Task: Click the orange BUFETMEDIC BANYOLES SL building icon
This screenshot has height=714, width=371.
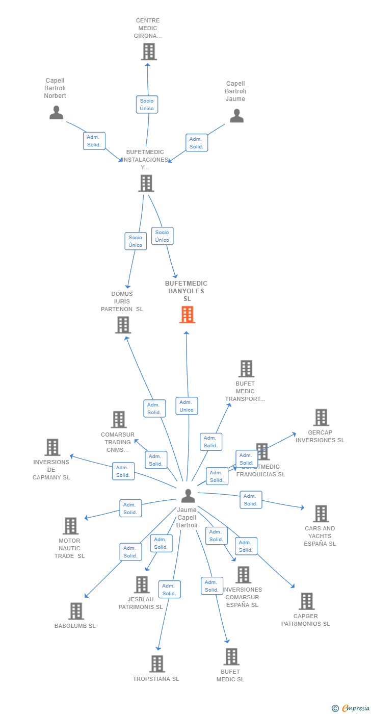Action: [187, 315]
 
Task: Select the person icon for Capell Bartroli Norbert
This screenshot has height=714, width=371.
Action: [56, 112]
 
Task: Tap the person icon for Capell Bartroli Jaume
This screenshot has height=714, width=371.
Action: [236, 116]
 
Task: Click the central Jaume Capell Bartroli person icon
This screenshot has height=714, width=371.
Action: [188, 495]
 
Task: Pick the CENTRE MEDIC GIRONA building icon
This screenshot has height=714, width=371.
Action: [149, 52]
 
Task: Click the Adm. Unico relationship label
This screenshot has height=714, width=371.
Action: [187, 406]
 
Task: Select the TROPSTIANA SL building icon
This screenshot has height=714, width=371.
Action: [157, 664]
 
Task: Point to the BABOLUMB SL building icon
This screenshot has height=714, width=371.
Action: [76, 611]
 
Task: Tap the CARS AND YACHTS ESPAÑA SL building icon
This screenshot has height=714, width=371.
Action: [321, 514]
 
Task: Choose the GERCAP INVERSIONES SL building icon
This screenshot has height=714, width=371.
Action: [321, 417]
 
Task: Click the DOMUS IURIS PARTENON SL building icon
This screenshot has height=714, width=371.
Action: [123, 325]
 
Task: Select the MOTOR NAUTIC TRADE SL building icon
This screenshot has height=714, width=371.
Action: [70, 526]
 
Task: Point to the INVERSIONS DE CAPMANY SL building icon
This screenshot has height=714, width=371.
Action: [52, 447]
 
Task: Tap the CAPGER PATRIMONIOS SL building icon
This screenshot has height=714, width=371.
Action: [306, 601]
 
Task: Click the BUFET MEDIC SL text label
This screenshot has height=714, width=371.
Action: [230, 675]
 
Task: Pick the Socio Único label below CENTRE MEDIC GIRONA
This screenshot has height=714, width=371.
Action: [147, 105]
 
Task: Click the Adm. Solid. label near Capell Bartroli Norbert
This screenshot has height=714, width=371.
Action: [94, 141]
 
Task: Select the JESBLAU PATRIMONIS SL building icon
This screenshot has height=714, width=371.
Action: [141, 584]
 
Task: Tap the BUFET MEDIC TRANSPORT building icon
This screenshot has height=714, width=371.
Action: [246, 369]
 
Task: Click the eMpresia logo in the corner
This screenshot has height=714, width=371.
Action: [355, 708]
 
